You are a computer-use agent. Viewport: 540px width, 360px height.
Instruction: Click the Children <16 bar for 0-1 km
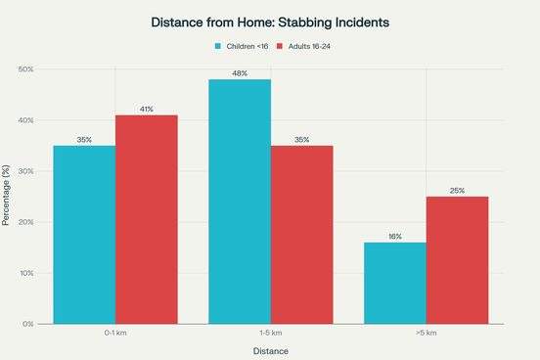click(84, 235)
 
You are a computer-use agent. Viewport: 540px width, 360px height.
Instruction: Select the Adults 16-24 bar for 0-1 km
click(146, 219)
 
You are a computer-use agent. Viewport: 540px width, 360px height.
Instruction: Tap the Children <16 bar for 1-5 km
click(240, 202)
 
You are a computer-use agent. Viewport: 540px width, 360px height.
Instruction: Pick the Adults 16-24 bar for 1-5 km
click(301, 235)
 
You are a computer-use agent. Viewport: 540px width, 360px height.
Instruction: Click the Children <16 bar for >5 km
click(395, 283)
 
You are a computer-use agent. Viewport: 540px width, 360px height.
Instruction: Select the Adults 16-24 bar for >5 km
click(457, 260)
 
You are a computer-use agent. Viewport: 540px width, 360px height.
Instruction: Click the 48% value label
click(240, 73)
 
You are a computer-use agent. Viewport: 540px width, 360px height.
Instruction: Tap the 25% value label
click(457, 191)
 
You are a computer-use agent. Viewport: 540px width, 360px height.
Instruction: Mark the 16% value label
click(395, 237)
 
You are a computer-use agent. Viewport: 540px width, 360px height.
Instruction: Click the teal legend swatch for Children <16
click(218, 46)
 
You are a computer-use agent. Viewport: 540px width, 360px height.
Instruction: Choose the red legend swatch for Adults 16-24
click(280, 46)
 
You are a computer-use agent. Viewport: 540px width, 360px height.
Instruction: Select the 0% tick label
click(29, 324)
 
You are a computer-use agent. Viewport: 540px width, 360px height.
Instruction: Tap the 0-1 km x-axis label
click(115, 333)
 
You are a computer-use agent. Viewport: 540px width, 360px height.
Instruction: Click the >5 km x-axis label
click(427, 333)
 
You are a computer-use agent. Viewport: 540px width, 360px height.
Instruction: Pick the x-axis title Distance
click(271, 350)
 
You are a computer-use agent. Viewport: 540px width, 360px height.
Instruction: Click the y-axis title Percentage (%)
click(8, 196)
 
